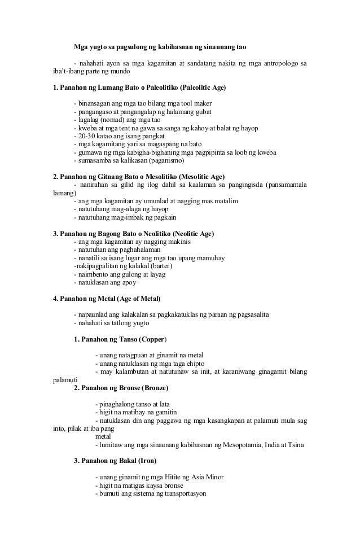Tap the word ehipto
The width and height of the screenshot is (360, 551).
pos(193,364)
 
